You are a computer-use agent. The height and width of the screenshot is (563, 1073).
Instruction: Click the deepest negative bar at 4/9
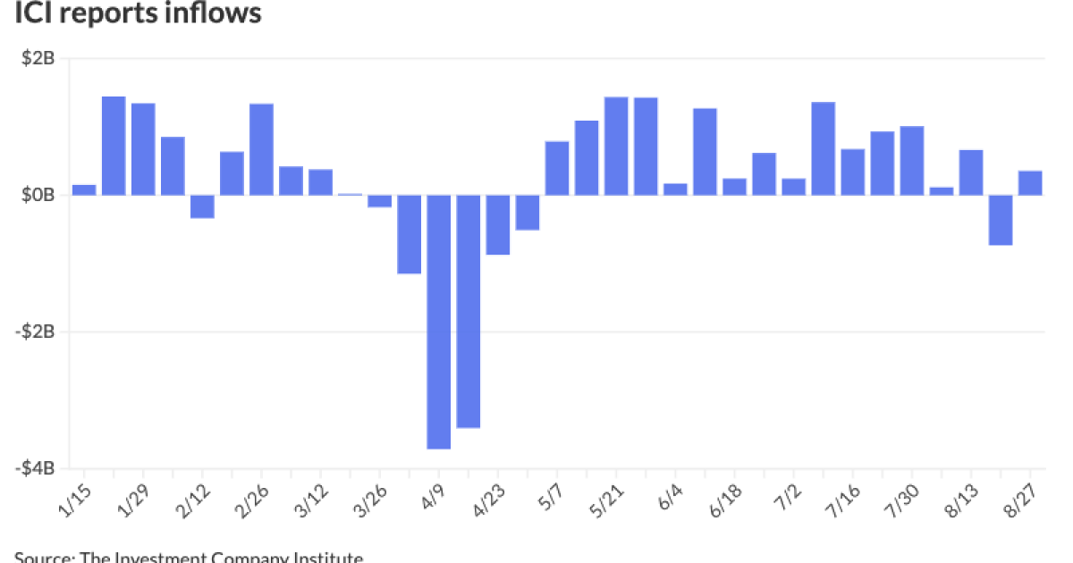[438, 322]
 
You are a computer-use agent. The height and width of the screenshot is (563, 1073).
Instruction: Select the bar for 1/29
[143, 149]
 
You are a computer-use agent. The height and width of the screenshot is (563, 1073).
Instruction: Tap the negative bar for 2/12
[202, 206]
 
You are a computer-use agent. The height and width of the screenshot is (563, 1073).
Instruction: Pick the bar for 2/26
[261, 149]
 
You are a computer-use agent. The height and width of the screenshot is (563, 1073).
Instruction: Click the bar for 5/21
[616, 146]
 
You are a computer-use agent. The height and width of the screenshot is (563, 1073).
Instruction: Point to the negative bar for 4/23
[497, 224]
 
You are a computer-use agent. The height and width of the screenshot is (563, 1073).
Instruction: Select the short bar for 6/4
[675, 189]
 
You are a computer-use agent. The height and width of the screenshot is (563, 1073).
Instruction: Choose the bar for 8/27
[1030, 183]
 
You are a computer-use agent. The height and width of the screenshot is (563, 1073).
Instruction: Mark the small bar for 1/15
[84, 189]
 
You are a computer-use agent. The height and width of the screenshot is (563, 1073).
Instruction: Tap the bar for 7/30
[912, 161]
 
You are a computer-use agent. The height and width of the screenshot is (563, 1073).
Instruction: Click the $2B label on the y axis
[38, 59]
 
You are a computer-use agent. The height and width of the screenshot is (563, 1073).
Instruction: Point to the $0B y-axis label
[38, 195]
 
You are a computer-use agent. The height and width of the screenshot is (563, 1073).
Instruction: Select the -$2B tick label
[36, 332]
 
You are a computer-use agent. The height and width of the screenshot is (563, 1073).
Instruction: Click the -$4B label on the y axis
[36, 468]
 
